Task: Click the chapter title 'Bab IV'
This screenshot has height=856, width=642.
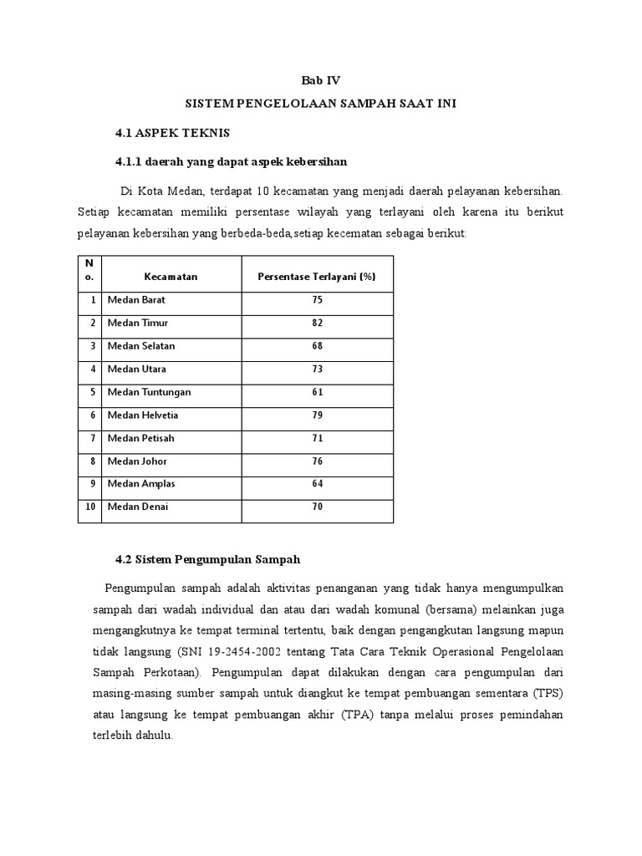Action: click(x=321, y=81)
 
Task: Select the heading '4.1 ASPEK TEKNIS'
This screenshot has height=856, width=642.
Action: click(x=172, y=133)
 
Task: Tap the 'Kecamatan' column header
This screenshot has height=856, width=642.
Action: click(x=171, y=277)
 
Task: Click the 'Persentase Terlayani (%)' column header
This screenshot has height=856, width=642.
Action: click(x=317, y=277)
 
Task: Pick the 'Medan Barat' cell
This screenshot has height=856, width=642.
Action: click(x=136, y=300)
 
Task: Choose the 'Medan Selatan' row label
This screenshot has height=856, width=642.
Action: click(x=141, y=346)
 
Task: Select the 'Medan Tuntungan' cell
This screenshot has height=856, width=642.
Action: click(x=149, y=392)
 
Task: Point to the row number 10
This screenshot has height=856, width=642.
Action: click(x=89, y=507)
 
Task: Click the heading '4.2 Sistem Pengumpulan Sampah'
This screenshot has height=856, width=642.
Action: click(x=207, y=558)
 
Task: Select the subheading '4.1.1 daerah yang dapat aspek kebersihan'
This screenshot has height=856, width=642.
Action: click(x=231, y=160)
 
